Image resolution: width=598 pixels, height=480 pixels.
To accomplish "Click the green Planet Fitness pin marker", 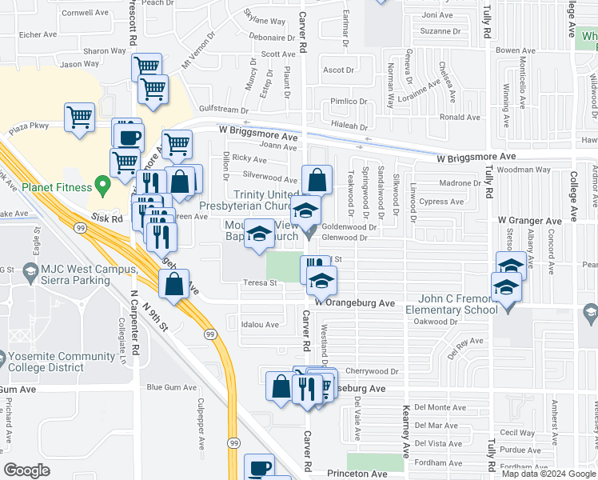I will coord(102,187).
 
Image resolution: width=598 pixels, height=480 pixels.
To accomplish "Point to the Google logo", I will coord(26,470).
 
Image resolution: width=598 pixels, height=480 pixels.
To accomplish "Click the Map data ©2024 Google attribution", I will coord(548,474).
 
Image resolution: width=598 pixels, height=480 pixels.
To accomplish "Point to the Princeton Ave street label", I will coord(357,474).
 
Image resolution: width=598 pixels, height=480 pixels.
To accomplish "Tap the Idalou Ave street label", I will coord(261,325).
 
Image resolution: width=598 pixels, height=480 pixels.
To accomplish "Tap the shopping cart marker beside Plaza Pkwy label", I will coord(79,118).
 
